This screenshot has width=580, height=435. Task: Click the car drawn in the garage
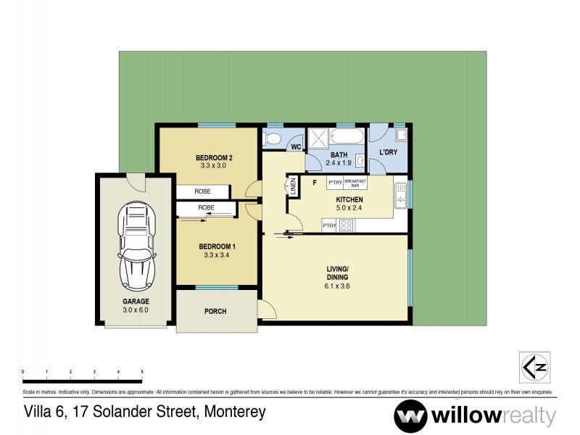pyautogui.click(x=138, y=246)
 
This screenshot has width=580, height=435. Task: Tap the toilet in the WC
pyautogui.click(x=273, y=138)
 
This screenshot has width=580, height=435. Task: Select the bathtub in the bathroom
pyautogui.click(x=346, y=137)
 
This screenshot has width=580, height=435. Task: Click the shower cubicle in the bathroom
pyautogui.click(x=317, y=138)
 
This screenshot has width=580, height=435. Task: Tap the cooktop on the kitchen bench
pyautogui.click(x=346, y=226)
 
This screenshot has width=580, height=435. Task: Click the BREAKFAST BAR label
pyautogui.click(x=355, y=183)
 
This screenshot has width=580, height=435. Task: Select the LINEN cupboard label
pyautogui.click(x=294, y=186)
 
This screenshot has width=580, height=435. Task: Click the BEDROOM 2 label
pyautogui.click(x=214, y=157)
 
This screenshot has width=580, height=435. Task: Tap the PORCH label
pyautogui.click(x=215, y=312)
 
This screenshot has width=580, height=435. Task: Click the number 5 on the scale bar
pyautogui.click(x=142, y=372)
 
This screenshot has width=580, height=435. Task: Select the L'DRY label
pyautogui.click(x=389, y=154)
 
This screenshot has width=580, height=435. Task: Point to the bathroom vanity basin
pyautogui.click(x=360, y=161)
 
